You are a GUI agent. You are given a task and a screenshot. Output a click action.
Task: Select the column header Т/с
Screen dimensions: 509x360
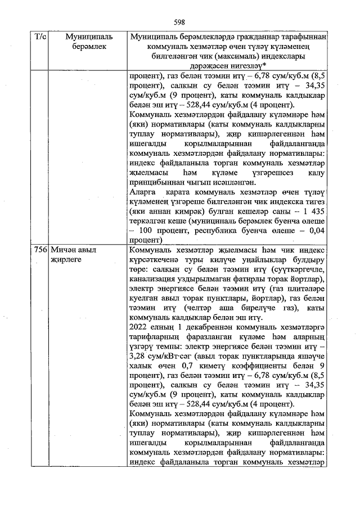[39, 37]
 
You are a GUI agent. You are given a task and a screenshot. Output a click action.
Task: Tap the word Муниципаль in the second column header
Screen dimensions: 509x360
[88, 37]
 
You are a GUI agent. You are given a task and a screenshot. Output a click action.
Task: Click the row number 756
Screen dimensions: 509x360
[39, 249]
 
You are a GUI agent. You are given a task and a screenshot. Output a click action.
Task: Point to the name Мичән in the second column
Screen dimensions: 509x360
[62, 249]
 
